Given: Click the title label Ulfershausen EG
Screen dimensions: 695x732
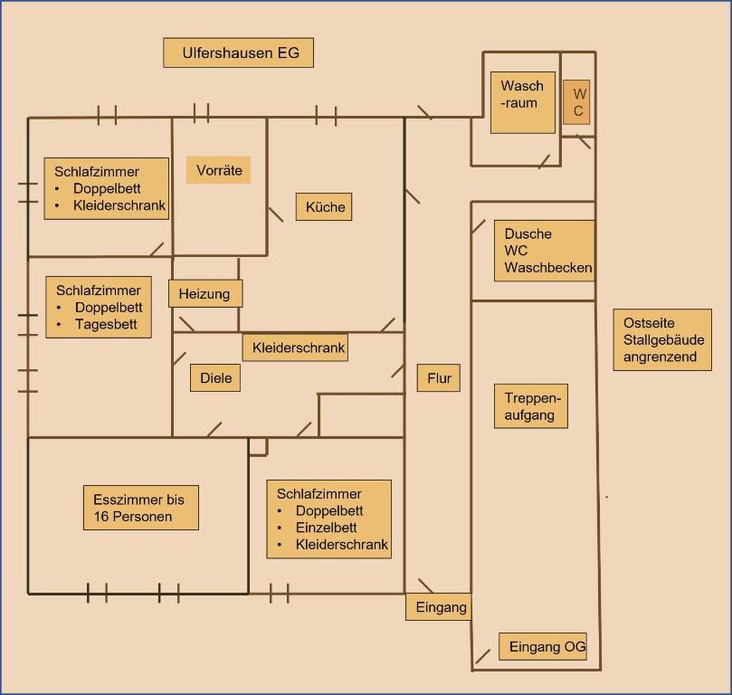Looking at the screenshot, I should [x=238, y=52].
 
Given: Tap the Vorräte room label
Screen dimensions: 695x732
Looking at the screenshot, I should [x=219, y=170].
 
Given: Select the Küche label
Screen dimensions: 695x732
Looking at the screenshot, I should [x=325, y=207].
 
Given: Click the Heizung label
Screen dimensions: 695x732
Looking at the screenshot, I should [x=204, y=293].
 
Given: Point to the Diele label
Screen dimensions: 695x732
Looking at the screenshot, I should [x=215, y=378].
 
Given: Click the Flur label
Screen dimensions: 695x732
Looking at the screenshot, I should [x=439, y=378].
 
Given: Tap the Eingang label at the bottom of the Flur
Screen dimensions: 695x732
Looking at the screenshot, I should [x=441, y=607].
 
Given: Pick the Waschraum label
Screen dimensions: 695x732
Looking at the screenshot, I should [x=522, y=95].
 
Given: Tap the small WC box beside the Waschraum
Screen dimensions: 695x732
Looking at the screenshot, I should [x=577, y=102].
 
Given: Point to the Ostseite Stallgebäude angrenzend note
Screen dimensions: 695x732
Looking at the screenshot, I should [x=662, y=339].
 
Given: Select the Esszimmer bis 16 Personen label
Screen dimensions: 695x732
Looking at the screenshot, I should [x=138, y=508].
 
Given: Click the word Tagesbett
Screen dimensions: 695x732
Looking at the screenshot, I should [x=106, y=324].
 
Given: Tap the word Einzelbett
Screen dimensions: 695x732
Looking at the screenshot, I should [x=326, y=528].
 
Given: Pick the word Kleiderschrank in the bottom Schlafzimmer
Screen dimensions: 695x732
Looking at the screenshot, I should [x=341, y=545].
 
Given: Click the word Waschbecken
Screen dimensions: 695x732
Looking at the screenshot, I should [x=548, y=268].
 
